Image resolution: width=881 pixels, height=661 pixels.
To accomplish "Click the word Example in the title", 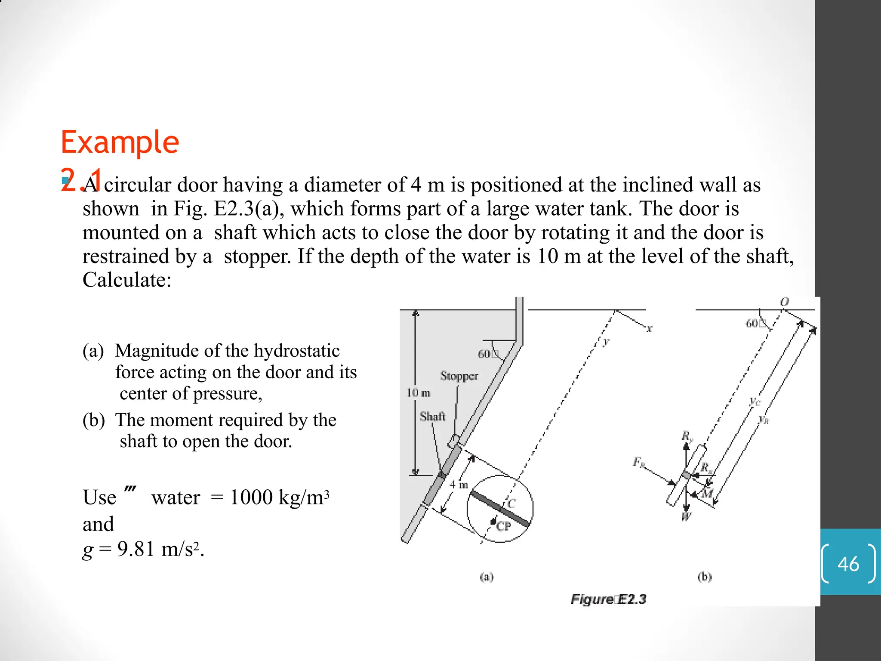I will tap(120, 142).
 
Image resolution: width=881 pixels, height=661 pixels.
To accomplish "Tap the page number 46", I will tap(848, 564).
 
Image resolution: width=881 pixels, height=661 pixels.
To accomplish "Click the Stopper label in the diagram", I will tap(459, 376).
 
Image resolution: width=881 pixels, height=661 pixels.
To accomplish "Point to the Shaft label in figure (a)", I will tap(432, 416).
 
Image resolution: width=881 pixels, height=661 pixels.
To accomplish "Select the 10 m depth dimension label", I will tap(418, 392).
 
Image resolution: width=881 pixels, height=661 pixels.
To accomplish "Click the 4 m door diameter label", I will tap(459, 485).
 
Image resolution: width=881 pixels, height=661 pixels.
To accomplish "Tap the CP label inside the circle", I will tap(503, 526).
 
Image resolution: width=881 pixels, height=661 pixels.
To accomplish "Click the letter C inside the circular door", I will tap(511, 503).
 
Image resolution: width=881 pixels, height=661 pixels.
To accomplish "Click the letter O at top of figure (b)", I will tap(785, 302).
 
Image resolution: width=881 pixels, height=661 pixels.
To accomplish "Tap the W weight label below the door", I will tap(686, 517).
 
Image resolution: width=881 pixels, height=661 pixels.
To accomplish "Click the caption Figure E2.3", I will tap(608, 599).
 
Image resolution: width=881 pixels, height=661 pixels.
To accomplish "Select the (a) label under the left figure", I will tap(487, 577).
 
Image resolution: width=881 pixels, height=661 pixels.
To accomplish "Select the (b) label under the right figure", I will tap(705, 577).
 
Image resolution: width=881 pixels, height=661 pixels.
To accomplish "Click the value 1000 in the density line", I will tap(251, 497).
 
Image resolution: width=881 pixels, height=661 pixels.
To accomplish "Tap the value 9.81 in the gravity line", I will tap(136, 549).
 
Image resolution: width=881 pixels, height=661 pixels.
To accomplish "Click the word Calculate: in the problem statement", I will tap(127, 280).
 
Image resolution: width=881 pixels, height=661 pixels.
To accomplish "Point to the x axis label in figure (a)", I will tap(649, 329).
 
